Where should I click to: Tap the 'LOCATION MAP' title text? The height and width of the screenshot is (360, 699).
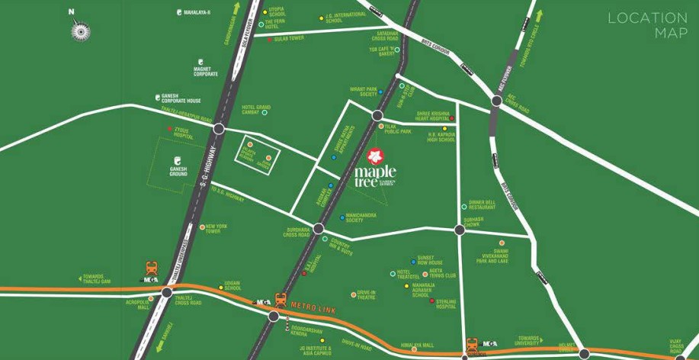(648, 24)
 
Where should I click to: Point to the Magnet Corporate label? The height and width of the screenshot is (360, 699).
(206, 72)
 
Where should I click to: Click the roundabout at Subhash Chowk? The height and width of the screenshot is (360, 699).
(459, 229)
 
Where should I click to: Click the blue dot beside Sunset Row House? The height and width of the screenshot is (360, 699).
(411, 259)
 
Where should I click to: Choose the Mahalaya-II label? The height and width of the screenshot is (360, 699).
(197, 12)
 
